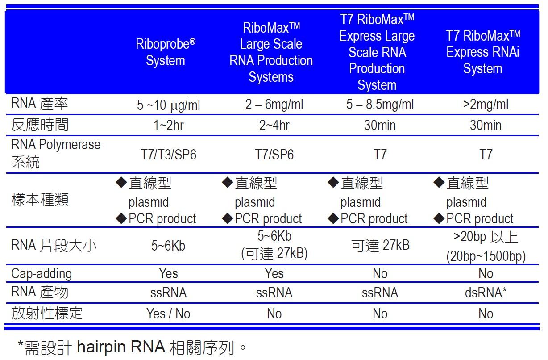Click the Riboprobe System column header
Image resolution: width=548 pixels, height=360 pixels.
coord(166,52)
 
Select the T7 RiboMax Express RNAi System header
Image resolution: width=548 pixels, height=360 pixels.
coord(483,52)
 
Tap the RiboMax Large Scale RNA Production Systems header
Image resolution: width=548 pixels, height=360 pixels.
coord(271,52)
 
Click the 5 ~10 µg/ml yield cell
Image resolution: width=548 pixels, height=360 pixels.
coord(168,105)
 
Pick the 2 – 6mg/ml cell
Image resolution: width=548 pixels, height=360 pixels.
coord(274,105)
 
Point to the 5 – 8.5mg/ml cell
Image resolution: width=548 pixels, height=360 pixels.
coord(380,105)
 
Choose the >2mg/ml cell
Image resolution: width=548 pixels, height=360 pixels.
coord(486,105)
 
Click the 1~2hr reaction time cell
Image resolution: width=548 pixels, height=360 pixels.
coord(168,125)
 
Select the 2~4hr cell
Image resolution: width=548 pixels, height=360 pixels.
coord(274,125)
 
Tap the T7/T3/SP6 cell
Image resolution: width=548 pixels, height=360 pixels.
coord(168,155)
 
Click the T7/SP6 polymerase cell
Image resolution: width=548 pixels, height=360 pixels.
coord(274,155)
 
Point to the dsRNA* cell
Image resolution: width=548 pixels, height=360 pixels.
coord(486,293)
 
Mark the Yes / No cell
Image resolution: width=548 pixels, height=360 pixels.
coord(168,314)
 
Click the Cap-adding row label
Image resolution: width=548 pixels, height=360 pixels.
coord(42,273)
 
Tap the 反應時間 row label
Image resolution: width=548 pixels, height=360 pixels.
coord(40,125)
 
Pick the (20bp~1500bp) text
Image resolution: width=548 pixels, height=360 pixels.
coord(486,256)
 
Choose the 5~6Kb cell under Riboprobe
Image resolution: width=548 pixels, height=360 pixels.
coord(168,246)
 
